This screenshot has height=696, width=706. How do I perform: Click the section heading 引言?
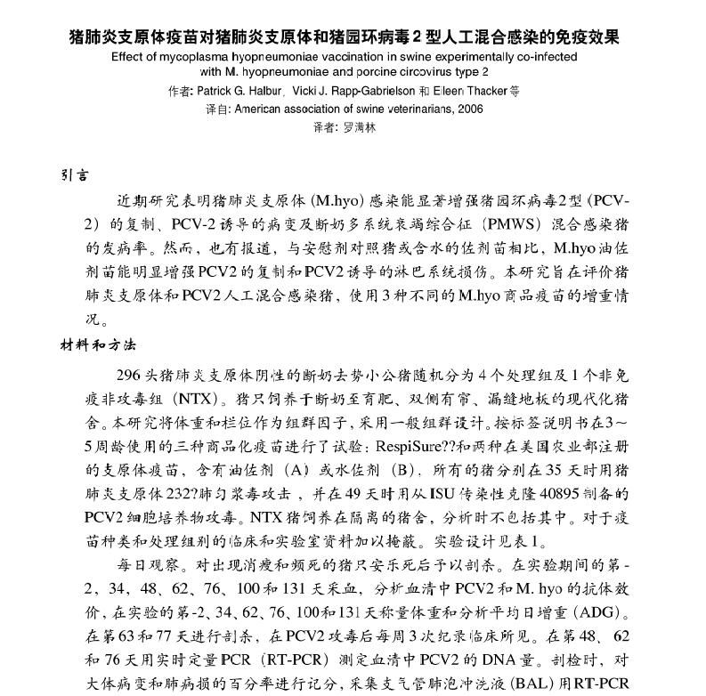pyautogui.click(x=74, y=175)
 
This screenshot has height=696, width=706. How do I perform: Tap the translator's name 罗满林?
pyautogui.click(x=360, y=127)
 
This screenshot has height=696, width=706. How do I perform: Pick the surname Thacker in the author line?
pyautogui.click(x=486, y=91)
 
